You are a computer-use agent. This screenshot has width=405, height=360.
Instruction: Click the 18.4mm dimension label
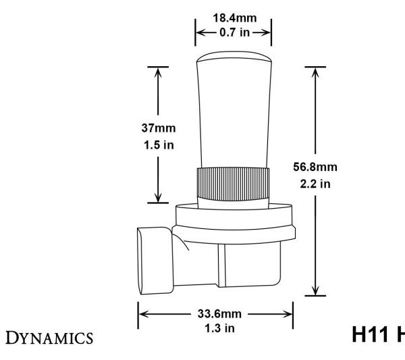click(x=233, y=18)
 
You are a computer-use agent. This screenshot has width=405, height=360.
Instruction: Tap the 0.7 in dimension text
click(x=233, y=31)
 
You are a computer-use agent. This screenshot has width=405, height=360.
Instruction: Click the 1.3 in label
click(x=215, y=326)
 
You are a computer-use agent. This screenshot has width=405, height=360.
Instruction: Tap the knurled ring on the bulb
click(x=233, y=184)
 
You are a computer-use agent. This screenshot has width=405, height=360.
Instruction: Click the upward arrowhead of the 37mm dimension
click(x=158, y=72)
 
